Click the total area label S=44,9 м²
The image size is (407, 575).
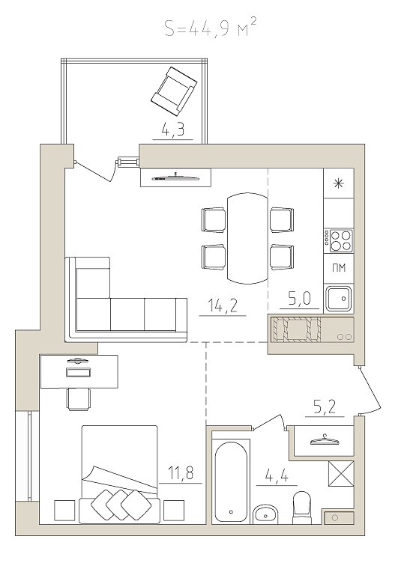point(211,28)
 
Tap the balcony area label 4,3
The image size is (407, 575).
point(172,130)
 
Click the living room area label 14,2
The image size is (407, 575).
point(223,305)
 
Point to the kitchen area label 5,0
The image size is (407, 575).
point(300,299)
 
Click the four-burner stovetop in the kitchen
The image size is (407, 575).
point(338,241)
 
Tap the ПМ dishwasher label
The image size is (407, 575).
point(339,268)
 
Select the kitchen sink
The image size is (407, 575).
point(339,299)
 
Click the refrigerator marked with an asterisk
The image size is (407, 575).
point(338,183)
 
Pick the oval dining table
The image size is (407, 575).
point(247,239)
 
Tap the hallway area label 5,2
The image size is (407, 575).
point(325,407)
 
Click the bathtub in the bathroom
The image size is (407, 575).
point(231,481)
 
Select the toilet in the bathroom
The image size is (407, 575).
point(301,507)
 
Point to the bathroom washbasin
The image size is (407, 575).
point(265,514)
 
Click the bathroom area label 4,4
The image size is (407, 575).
point(277,477)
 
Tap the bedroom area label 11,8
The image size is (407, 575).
point(180,473)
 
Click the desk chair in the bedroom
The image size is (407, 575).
point(79,399)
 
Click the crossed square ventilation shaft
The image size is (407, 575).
point(340,473)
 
